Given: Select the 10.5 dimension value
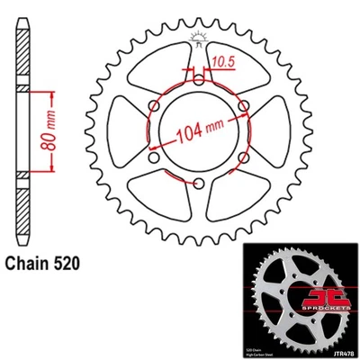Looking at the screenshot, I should point(224,61).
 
